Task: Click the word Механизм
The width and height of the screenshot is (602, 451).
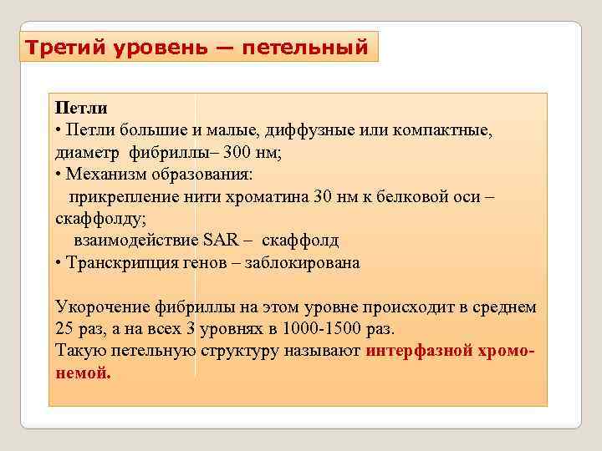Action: click(105, 175)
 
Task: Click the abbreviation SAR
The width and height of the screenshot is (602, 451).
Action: click(221, 241)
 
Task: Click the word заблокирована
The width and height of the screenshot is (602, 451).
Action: click(302, 263)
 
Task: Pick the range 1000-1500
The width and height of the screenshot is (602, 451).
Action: click(323, 328)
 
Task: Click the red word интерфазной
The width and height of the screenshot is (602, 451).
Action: click(421, 351)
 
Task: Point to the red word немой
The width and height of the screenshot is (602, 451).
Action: click(82, 372)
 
